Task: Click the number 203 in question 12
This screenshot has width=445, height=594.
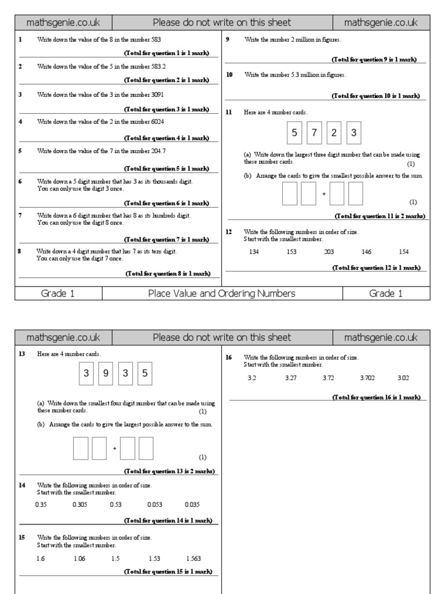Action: pyautogui.click(x=329, y=252)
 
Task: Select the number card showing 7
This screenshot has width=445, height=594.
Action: pyautogui.click(x=314, y=133)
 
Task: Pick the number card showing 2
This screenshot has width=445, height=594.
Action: pyautogui.click(x=334, y=133)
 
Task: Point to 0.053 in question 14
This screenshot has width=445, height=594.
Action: pyautogui.click(x=154, y=505)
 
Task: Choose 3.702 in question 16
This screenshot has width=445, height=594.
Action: pyautogui.click(x=367, y=378)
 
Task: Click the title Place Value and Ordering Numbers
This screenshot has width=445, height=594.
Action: pyautogui.click(x=222, y=294)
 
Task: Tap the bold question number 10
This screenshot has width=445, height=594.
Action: pyautogui.click(x=229, y=75)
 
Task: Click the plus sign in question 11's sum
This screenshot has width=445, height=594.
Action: pyautogui.click(x=324, y=194)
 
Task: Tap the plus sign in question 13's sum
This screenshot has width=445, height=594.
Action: pyautogui.click(x=115, y=448)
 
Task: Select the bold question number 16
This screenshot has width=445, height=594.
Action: pyautogui.click(x=229, y=357)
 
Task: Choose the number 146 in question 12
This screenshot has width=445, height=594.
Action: pyautogui.click(x=366, y=252)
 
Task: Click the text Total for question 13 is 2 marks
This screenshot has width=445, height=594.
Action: pyautogui.click(x=169, y=471)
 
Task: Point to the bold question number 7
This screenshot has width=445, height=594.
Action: pyautogui.click(x=20, y=215)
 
